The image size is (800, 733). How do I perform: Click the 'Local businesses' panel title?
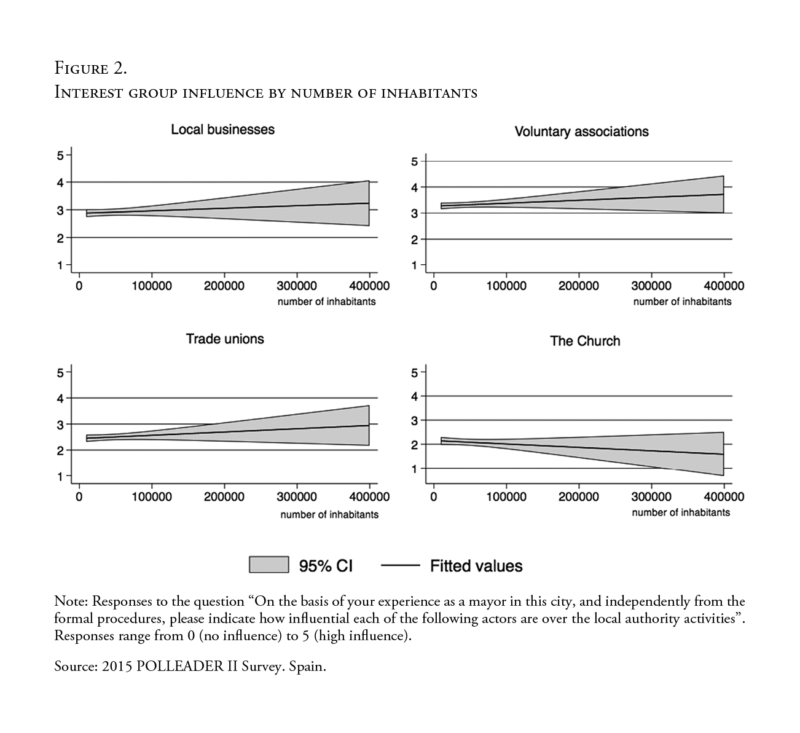[222, 130]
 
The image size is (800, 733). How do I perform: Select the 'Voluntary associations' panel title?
[581, 131]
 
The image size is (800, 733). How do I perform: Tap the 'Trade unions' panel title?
[225, 339]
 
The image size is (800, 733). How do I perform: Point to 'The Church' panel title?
[585, 341]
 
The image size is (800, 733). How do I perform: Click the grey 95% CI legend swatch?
[269, 565]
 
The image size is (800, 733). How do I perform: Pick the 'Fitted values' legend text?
[476, 566]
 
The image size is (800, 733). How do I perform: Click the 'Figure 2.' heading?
[91, 68]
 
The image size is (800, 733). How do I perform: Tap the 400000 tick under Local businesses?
[369, 286]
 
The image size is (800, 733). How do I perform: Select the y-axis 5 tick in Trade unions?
[60, 372]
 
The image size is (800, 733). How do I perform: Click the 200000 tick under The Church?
[578, 496]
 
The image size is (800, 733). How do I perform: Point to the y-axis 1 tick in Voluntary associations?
[415, 265]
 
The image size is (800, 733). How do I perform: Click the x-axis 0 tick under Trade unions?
[79, 496]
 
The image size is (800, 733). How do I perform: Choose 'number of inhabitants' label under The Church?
[681, 512]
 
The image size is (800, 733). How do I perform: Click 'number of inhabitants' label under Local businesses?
[326, 302]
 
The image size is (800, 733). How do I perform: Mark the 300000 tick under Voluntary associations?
[651, 286]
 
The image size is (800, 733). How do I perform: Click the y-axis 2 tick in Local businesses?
[60, 238]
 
